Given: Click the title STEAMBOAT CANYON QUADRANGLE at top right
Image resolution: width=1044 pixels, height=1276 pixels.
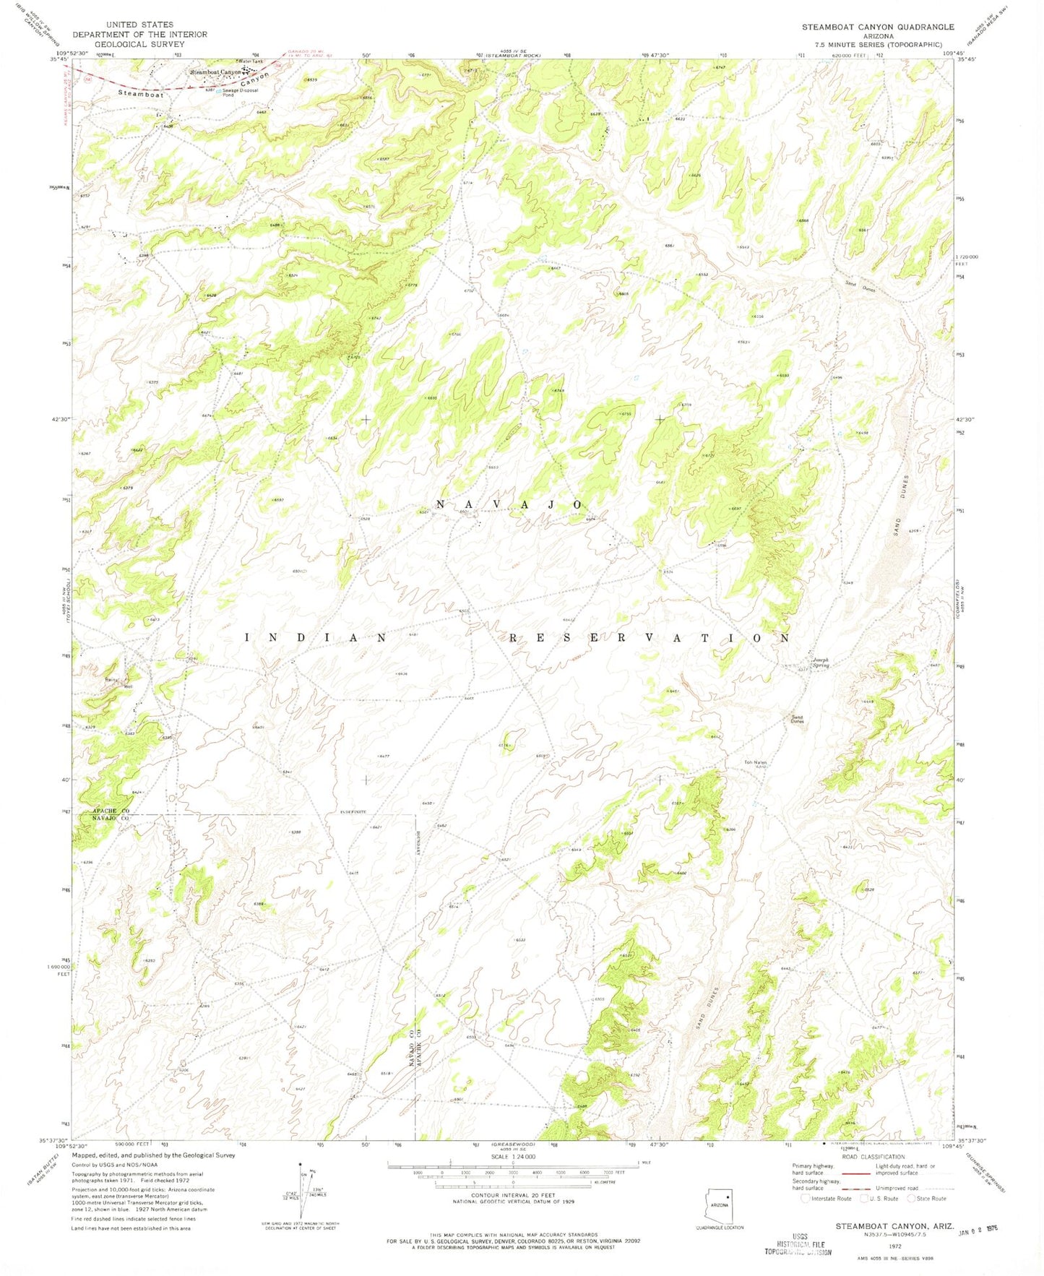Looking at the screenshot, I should [x=877, y=27].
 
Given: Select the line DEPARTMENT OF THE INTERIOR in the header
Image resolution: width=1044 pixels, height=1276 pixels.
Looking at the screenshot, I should [x=139, y=34].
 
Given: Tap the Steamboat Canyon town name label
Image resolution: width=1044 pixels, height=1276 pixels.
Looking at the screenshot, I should [x=215, y=72].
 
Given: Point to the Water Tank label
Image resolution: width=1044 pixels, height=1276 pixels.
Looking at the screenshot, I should [x=250, y=62].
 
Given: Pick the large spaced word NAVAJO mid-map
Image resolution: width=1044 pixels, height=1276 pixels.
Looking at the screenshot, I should [x=509, y=504].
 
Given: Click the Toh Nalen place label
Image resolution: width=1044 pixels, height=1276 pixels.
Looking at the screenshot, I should [x=755, y=763].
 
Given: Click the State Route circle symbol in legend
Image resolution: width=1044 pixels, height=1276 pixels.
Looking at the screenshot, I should [x=913, y=1198].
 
